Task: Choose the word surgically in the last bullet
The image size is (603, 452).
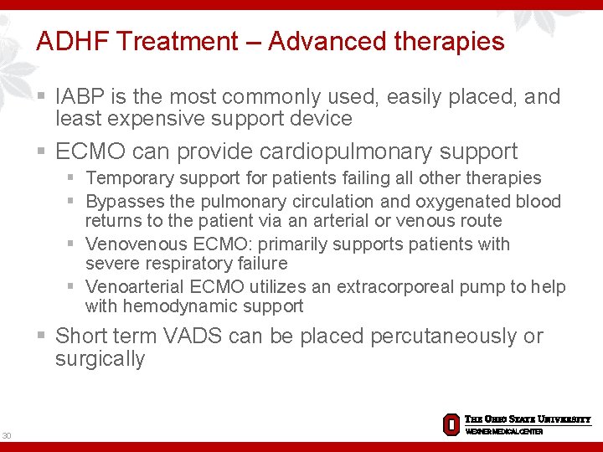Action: click(x=100, y=359)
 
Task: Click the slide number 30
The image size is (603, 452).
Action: click(x=8, y=435)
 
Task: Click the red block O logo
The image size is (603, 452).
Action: click(x=451, y=424)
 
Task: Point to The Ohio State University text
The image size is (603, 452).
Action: click(x=528, y=419)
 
